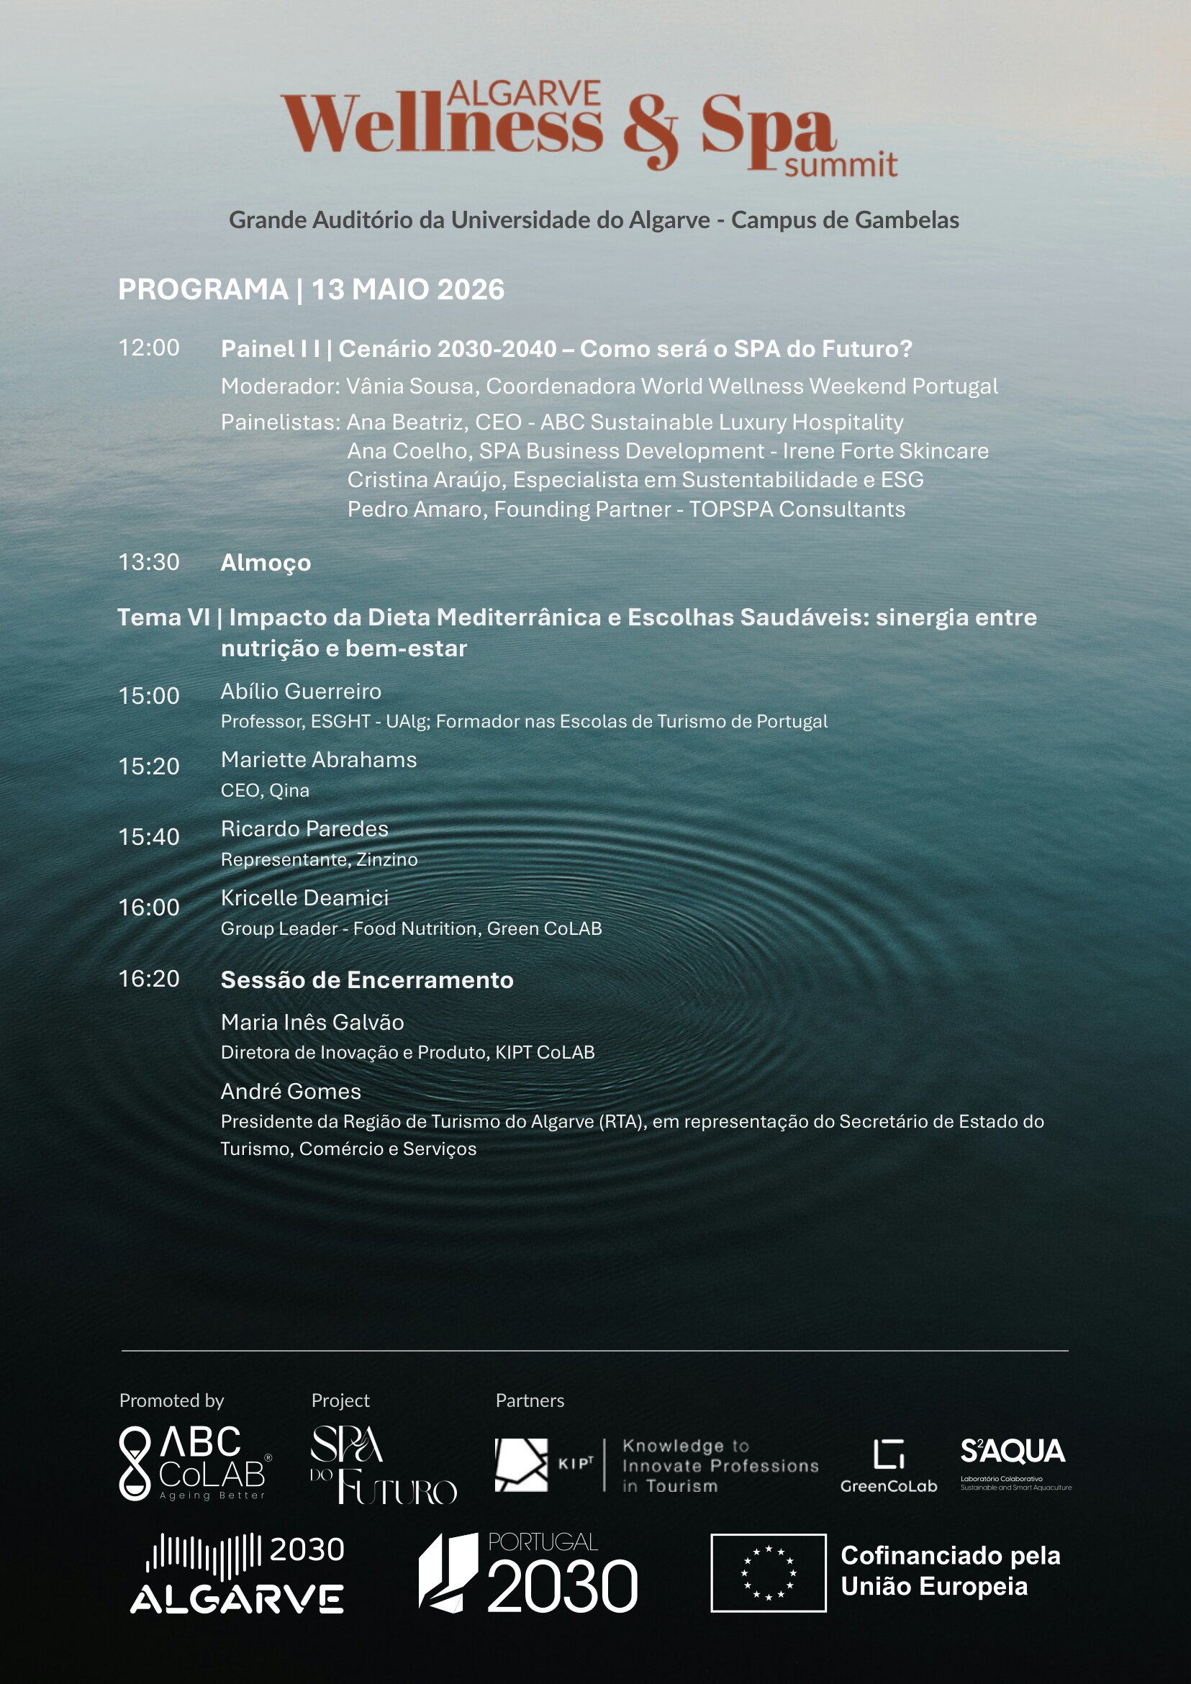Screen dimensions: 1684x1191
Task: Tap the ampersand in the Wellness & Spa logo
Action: tap(651, 132)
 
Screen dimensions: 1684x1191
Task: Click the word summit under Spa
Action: tap(841, 165)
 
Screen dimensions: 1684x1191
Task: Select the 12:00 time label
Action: tap(149, 348)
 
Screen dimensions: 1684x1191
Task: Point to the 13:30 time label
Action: tap(149, 562)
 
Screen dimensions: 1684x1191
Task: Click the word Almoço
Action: tap(266, 563)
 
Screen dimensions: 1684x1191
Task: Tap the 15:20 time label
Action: tap(149, 766)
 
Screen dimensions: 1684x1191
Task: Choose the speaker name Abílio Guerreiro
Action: tap(301, 691)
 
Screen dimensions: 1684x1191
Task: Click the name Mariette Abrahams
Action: tap(318, 760)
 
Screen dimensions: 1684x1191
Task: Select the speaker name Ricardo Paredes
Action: tap(304, 829)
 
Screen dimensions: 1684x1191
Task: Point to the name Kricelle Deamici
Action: tap(304, 897)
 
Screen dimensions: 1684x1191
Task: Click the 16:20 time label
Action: tap(149, 979)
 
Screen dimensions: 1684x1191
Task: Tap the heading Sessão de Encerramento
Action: tap(367, 980)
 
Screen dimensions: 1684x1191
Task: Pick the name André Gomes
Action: tap(291, 1092)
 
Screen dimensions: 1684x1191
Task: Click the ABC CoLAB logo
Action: tap(195, 1463)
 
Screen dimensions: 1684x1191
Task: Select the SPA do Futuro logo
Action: tap(383, 1464)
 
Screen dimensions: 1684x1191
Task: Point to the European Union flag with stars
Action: tap(768, 1572)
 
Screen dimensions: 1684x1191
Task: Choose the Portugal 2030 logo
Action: tap(528, 1572)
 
